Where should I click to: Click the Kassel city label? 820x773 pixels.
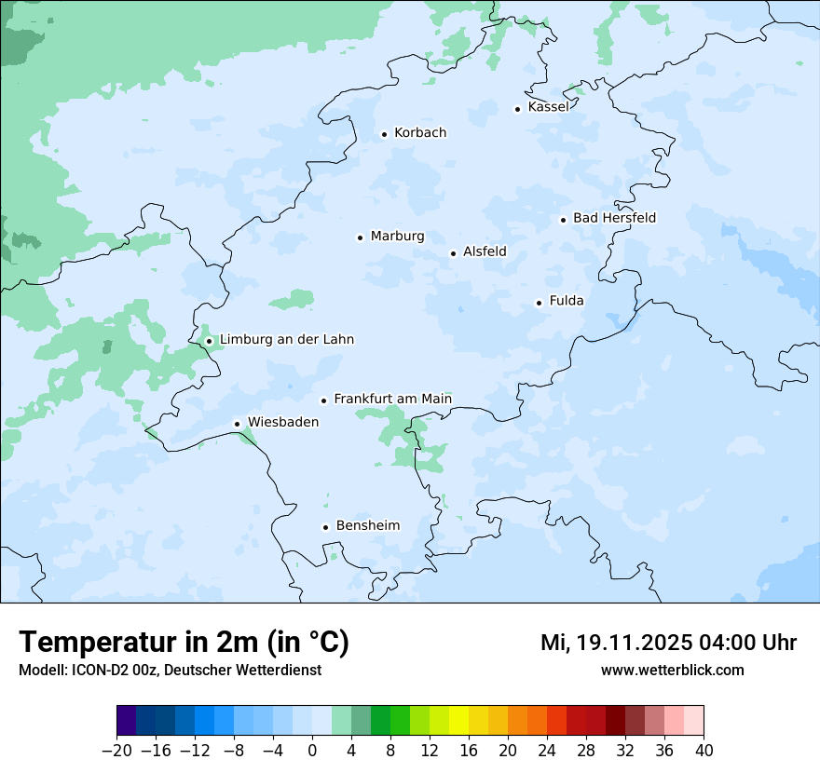(548, 107)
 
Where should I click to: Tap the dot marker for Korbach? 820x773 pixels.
(384, 134)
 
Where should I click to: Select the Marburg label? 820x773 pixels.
(397, 237)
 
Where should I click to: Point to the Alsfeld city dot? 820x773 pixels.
(453, 253)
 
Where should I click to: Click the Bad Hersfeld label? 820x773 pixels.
(614, 218)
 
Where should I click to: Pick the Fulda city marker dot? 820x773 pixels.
(539, 303)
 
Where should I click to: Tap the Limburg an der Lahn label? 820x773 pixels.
(286, 340)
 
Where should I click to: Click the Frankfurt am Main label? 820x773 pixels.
(392, 399)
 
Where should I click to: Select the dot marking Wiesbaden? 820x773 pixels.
(237, 425)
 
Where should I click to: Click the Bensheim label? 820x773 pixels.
(367, 525)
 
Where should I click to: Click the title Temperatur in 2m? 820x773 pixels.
(184, 642)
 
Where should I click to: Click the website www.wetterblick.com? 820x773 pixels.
(672, 670)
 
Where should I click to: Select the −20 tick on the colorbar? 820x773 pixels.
(116, 751)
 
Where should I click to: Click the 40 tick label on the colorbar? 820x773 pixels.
(704, 751)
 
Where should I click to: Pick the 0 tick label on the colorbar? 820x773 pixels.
(312, 751)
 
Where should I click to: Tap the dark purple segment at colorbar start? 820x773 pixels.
(126, 721)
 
